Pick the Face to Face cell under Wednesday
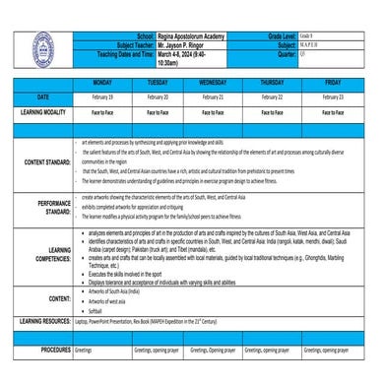[213, 113]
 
